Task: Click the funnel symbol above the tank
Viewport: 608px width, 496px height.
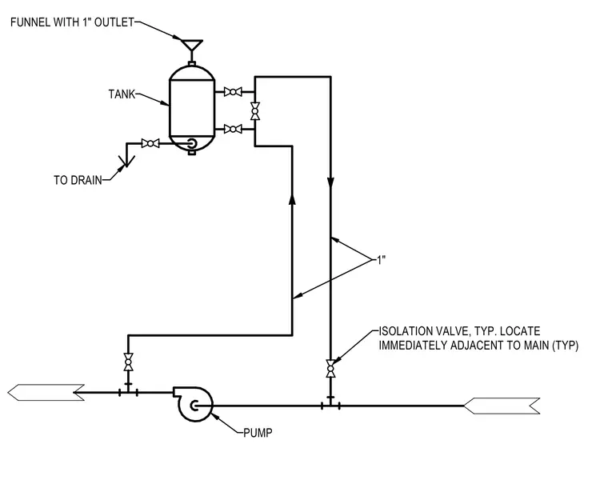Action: (x=192, y=45)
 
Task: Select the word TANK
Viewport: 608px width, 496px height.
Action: (x=122, y=94)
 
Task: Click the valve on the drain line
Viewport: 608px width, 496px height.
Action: (x=150, y=143)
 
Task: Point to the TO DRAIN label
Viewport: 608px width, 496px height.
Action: (x=78, y=180)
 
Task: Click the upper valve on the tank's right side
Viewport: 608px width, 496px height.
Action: (x=233, y=92)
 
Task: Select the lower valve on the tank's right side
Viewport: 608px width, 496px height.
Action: (x=233, y=129)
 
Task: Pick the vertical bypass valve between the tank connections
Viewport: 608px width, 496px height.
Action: (x=255, y=111)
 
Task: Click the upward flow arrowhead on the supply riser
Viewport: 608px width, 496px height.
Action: (x=292, y=198)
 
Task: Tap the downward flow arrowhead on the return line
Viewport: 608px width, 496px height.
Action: (x=330, y=182)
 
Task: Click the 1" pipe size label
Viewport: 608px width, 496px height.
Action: (x=381, y=260)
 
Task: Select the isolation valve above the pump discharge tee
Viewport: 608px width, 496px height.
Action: (x=128, y=362)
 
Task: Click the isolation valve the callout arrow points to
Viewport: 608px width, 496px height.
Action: (x=330, y=369)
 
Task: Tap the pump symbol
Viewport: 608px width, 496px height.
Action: (x=193, y=404)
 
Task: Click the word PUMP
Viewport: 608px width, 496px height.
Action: (x=258, y=433)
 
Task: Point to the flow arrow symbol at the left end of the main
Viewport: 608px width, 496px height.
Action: (x=46, y=393)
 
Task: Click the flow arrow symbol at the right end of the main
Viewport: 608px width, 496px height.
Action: (x=502, y=406)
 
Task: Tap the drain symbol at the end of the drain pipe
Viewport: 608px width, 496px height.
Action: (x=126, y=161)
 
